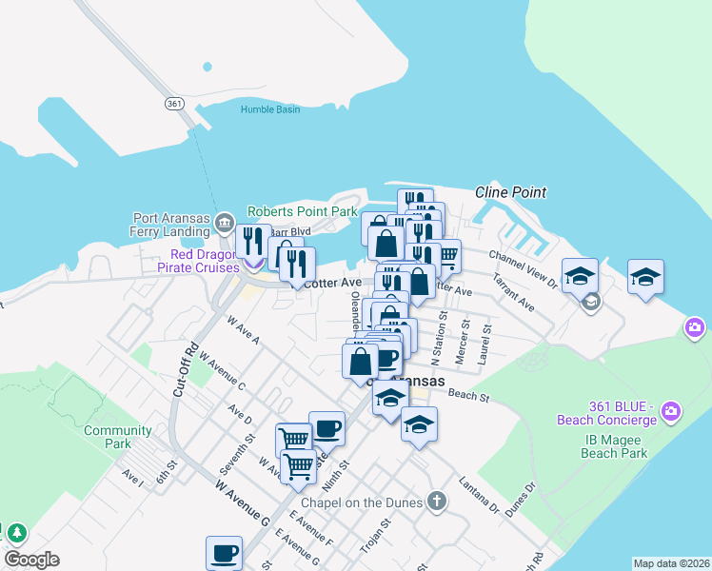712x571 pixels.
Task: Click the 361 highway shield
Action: click(x=172, y=102)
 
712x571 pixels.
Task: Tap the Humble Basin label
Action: click(x=269, y=109)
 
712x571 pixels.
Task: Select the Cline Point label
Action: click(x=511, y=192)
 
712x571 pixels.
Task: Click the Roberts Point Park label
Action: click(x=302, y=211)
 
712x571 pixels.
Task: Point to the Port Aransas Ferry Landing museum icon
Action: click(x=225, y=224)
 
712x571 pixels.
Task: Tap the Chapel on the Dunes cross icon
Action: click(x=436, y=501)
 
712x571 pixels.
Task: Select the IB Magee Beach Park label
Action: click(x=615, y=446)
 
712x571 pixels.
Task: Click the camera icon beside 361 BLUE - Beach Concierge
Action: click(x=672, y=411)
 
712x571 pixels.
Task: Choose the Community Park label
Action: click(x=118, y=437)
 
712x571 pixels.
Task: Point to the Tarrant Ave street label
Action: click(x=512, y=293)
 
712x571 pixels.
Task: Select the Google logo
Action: click(x=31, y=560)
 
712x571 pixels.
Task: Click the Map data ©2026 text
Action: click(x=671, y=563)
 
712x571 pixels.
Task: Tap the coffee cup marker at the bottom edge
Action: click(x=226, y=553)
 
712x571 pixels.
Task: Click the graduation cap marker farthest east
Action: click(x=645, y=278)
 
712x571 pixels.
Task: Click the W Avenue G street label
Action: click(x=242, y=503)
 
